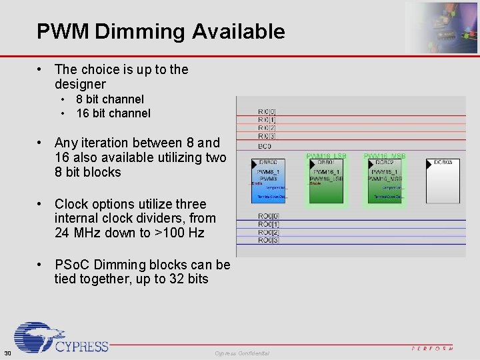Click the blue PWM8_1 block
point(267,180)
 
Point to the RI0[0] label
point(267,111)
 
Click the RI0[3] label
point(267,136)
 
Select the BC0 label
point(264,145)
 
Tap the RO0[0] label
point(268,216)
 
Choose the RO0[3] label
point(268,240)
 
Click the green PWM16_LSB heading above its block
point(325,156)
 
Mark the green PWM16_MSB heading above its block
point(385,156)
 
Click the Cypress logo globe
point(37,337)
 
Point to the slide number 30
point(7,353)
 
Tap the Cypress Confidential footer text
point(242,353)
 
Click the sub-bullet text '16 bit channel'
point(113,113)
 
